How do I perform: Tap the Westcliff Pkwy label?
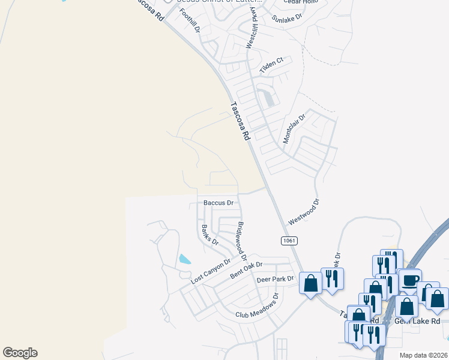pyautogui.click(x=251, y=31)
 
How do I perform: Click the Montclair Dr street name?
pyautogui.click(x=294, y=129)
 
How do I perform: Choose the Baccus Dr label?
pyautogui.click(x=218, y=203)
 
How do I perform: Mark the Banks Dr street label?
pyautogui.click(x=209, y=234)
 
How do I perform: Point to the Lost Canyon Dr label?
pyautogui.click(x=211, y=272)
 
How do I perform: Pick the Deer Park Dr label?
pyautogui.click(x=275, y=279)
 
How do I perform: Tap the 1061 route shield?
pyautogui.click(x=288, y=240)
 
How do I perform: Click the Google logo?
pyautogui.click(x=20, y=353)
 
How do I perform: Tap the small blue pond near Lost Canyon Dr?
pyautogui.click(x=184, y=260)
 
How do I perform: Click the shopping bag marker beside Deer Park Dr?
pyautogui.click(x=311, y=283)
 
